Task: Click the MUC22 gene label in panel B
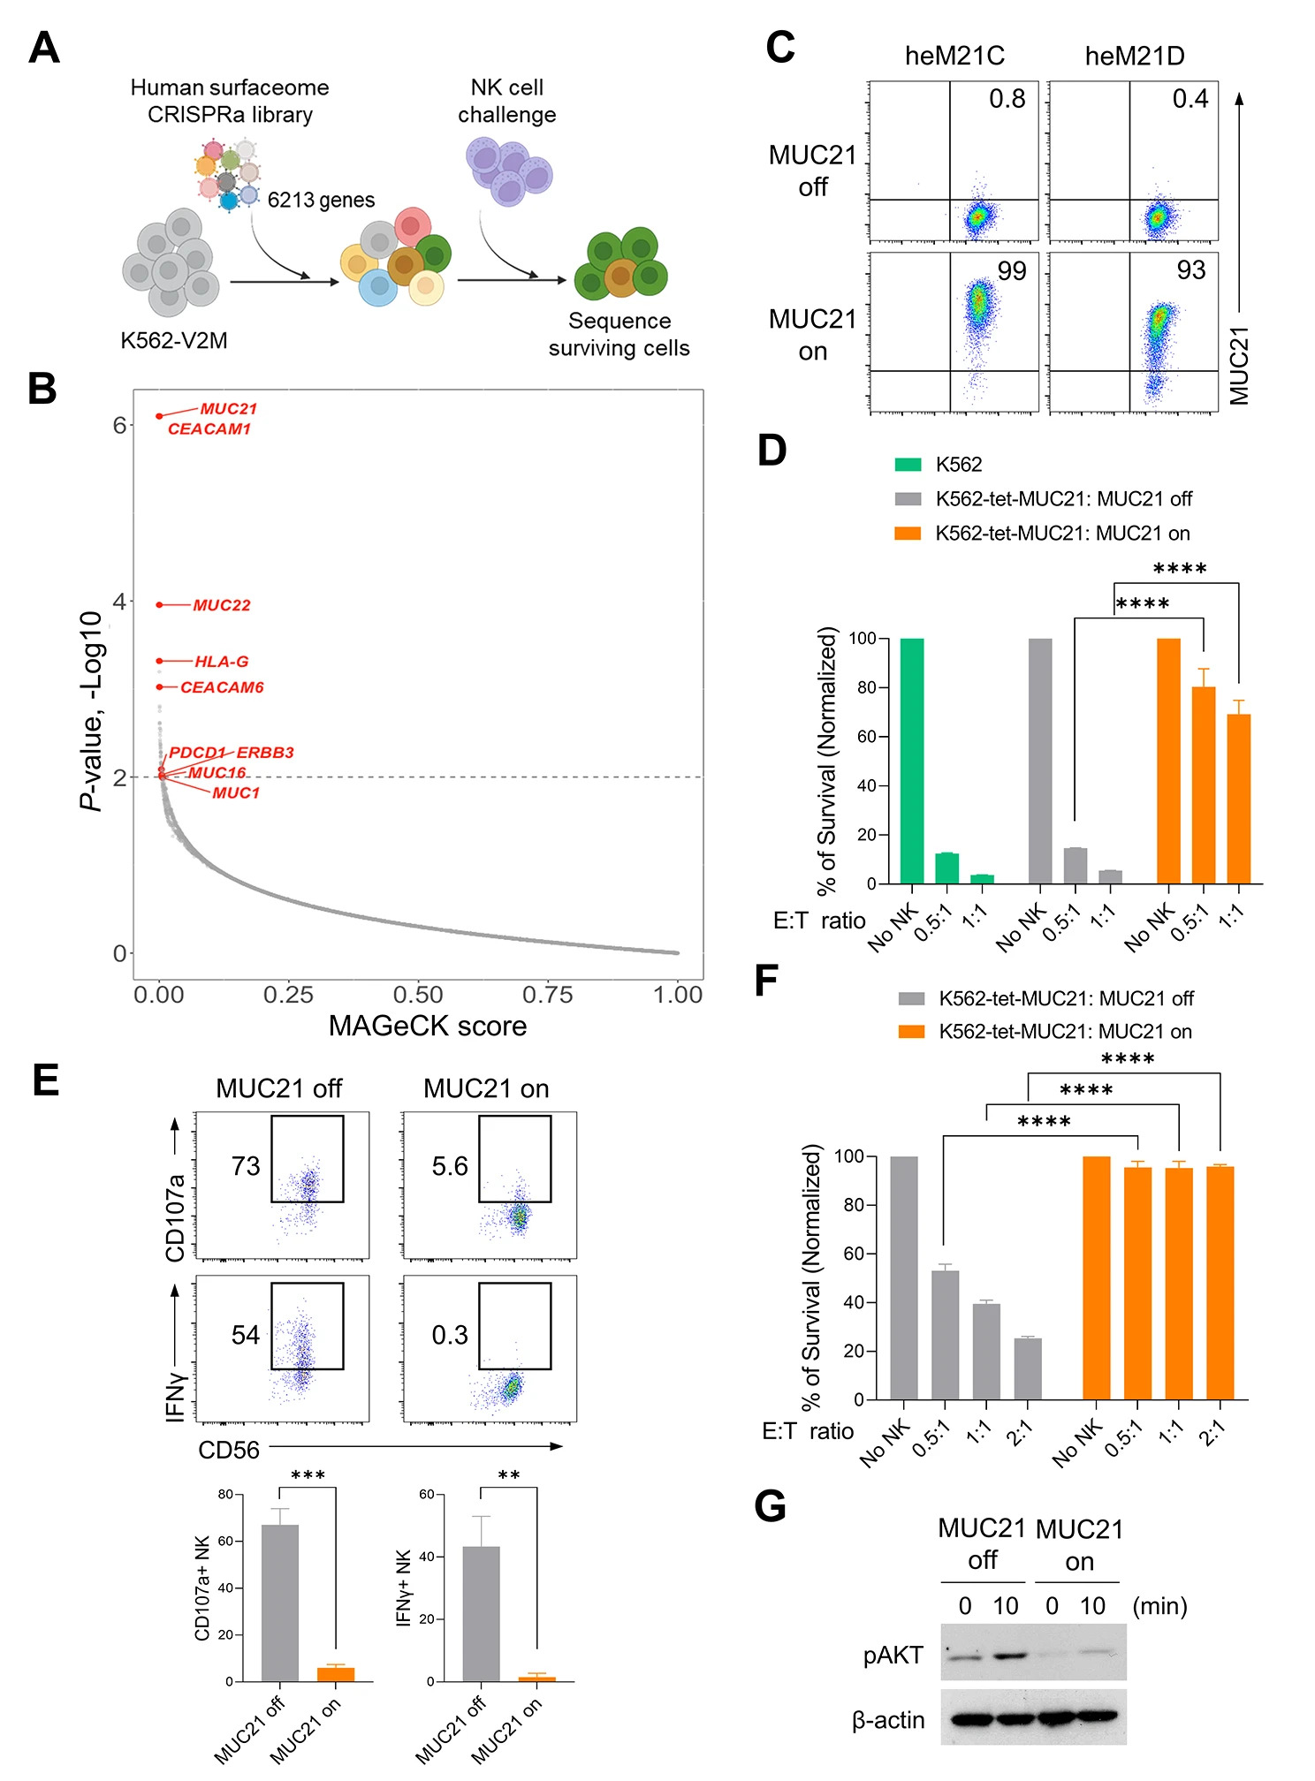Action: [221, 605]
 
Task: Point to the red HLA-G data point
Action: [159, 661]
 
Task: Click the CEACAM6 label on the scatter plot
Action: [222, 687]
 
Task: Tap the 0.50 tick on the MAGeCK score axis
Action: [418, 995]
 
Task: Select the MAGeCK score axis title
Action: [428, 1026]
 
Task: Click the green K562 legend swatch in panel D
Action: [908, 465]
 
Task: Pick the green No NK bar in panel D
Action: [912, 760]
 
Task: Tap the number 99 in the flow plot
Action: [1012, 270]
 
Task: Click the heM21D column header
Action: [1134, 57]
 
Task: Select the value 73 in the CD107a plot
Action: [246, 1166]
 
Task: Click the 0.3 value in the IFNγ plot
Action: [450, 1335]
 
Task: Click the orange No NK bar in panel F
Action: [1096, 1277]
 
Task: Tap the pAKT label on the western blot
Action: [893, 1656]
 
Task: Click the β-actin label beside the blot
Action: [888, 1720]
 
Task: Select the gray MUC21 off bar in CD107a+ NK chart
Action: [280, 1603]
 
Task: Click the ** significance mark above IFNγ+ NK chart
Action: [508, 1476]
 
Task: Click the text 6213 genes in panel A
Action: [321, 201]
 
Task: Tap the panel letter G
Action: [770, 1507]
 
